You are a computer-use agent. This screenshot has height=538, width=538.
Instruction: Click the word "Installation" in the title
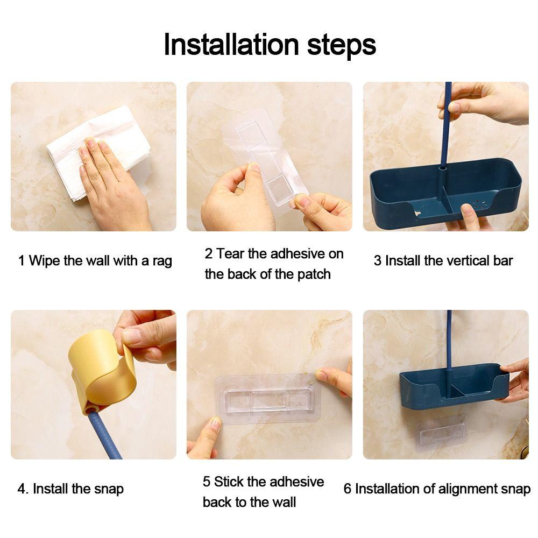click(231, 44)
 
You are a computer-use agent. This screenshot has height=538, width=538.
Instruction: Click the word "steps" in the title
click(342, 46)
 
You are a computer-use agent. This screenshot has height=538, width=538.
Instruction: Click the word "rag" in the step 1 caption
click(162, 261)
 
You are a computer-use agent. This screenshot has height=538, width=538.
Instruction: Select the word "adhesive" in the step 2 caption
click(297, 254)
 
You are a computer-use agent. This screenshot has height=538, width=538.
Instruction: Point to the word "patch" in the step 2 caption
click(314, 275)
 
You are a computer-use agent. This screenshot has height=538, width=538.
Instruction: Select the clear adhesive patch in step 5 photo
click(267, 399)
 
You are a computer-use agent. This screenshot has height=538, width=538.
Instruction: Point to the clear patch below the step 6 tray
click(441, 433)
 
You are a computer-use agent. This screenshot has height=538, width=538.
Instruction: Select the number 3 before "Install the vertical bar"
click(378, 261)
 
